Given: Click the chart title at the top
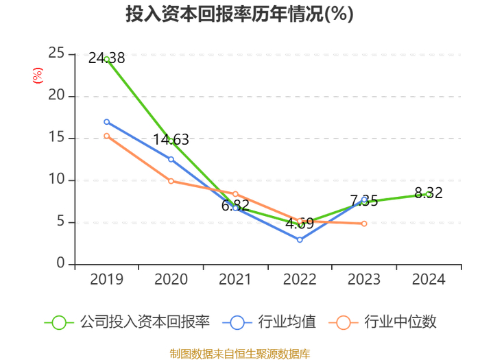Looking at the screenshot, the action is (x=240, y=14).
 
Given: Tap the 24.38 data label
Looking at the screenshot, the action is (x=106, y=58).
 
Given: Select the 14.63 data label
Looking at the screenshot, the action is (x=171, y=140).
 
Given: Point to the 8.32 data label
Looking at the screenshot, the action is (x=429, y=193).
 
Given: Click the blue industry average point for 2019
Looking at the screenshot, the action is (x=106, y=122).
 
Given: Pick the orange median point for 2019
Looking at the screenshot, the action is (x=106, y=136).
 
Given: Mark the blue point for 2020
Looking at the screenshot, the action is (x=171, y=159).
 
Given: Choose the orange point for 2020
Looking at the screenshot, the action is (x=171, y=181).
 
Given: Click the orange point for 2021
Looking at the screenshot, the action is (x=235, y=194).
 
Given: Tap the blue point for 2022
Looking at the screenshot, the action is (x=300, y=240).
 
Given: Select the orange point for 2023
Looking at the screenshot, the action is (x=364, y=224).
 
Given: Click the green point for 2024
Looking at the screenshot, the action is (x=429, y=194).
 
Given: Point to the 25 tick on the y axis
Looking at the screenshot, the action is (x=56, y=53).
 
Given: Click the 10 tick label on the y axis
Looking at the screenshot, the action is (x=57, y=179).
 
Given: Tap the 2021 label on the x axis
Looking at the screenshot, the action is (x=235, y=279).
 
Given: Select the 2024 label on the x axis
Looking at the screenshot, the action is (x=429, y=279).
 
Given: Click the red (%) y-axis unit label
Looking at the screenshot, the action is (x=38, y=75).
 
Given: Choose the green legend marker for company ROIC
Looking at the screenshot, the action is (x=59, y=323).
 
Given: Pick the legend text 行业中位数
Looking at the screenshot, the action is (x=400, y=322).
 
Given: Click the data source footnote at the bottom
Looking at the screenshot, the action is (x=240, y=354).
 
